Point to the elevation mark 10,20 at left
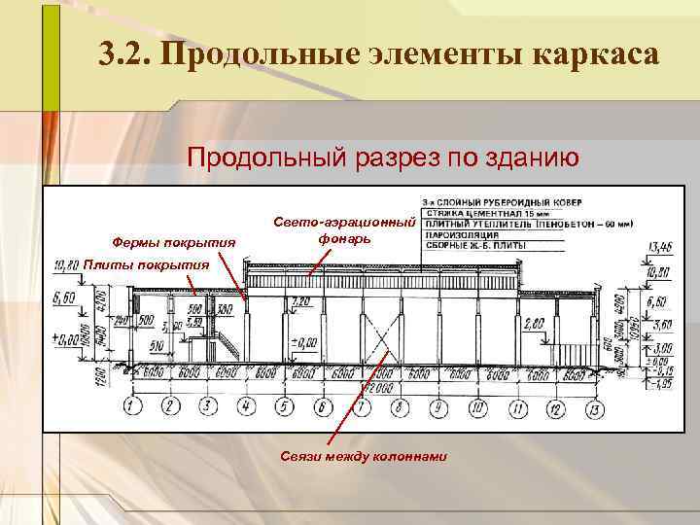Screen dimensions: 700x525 click(66, 263)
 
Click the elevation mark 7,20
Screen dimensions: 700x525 click(301, 303)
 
